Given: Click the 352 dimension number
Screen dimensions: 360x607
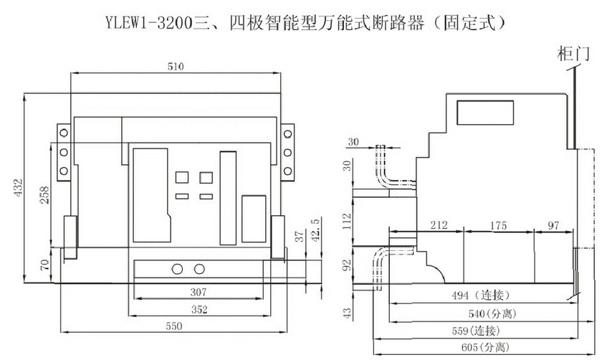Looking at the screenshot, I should point(199,309).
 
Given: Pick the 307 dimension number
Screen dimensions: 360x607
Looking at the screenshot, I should point(199,292).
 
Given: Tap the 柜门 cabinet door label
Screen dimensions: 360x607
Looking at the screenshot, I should point(573,55).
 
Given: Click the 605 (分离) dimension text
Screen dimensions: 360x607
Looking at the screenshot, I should point(486,347).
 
